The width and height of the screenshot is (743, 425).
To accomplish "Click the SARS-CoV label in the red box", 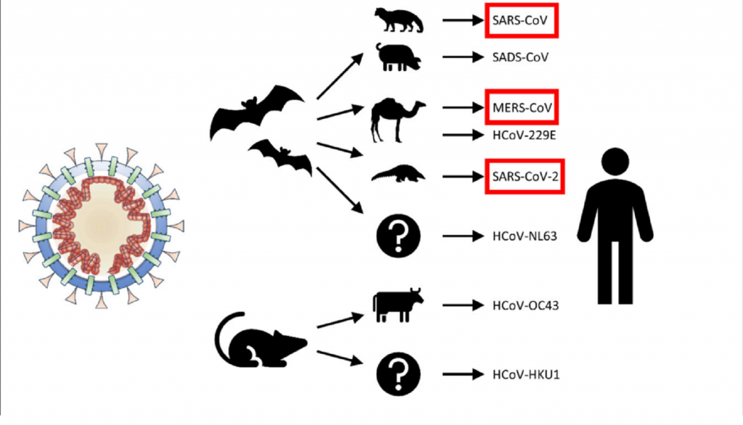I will pyautogui.click(x=520, y=22).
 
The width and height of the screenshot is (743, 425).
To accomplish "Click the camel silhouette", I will pyautogui.click(x=396, y=120).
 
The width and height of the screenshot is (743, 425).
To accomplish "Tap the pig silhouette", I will pyautogui.click(x=397, y=57).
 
